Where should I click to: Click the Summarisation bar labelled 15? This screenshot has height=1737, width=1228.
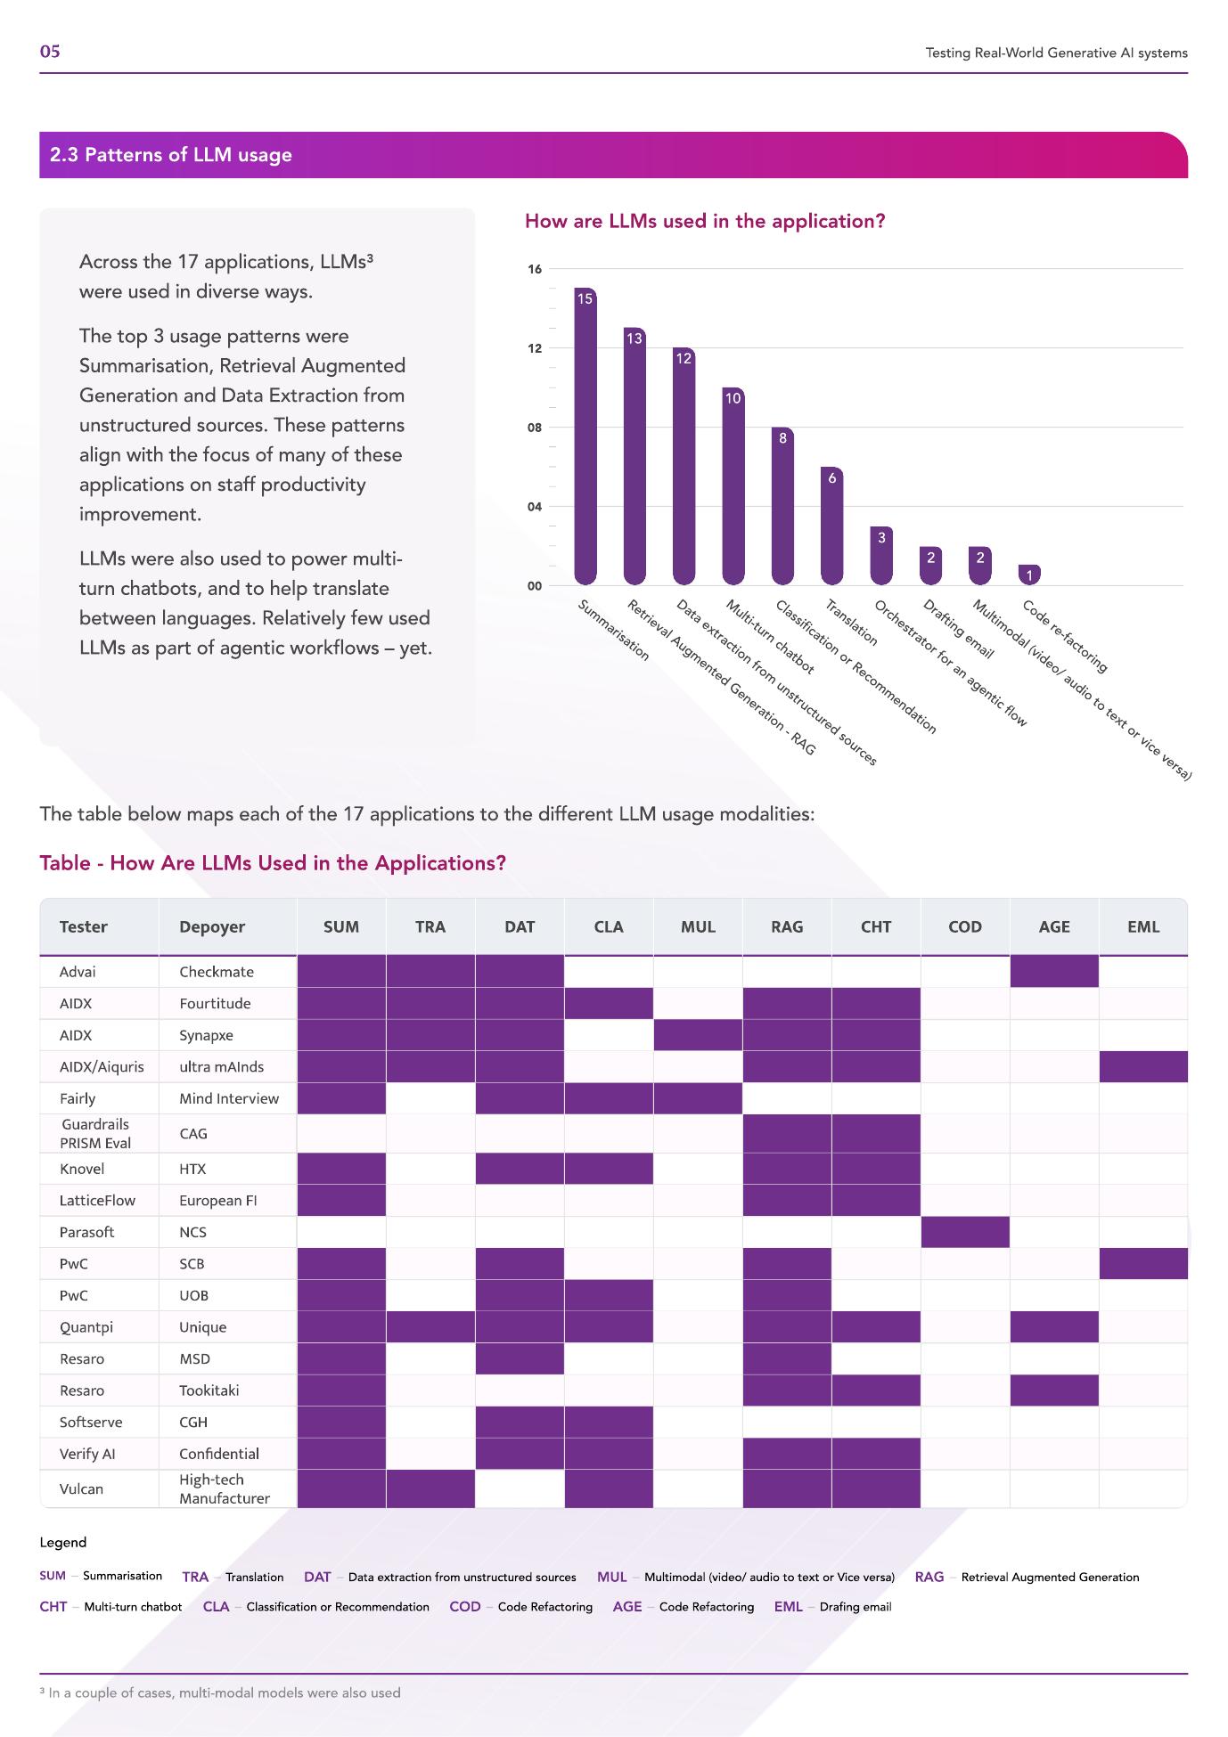tap(585, 436)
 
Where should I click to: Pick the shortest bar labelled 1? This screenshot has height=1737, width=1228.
tap(1029, 575)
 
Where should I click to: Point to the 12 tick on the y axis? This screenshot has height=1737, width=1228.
tap(534, 348)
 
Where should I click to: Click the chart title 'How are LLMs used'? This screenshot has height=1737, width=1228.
tap(704, 221)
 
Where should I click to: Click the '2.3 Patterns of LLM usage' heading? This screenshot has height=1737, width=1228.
tap(171, 155)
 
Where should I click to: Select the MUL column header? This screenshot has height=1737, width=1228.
tap(698, 926)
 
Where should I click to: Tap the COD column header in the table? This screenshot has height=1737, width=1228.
tap(964, 926)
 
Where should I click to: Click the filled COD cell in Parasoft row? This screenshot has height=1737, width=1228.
tap(964, 1232)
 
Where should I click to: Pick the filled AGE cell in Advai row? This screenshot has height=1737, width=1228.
tap(1053, 972)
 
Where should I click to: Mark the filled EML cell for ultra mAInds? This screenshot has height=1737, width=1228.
tap(1142, 1066)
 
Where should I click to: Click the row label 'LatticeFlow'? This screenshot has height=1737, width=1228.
tap(97, 1200)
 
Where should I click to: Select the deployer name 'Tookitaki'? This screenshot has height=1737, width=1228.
tap(209, 1390)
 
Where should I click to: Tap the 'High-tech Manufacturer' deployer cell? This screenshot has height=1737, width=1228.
tap(224, 1488)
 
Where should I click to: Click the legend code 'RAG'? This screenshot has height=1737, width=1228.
tap(929, 1577)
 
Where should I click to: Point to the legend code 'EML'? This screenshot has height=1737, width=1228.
tap(788, 1607)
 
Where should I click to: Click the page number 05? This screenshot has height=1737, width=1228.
tap(50, 52)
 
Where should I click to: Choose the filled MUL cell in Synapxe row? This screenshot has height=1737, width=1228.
tap(698, 1035)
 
